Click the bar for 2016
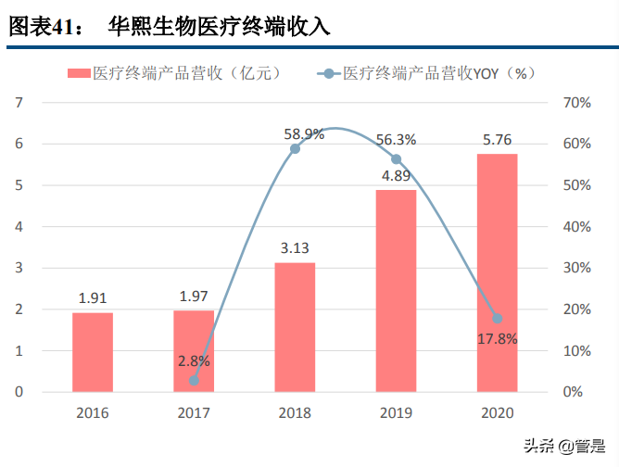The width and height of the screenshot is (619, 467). (93, 352)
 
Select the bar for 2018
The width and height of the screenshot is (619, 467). (295, 327)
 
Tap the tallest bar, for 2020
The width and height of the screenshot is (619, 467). (497, 272)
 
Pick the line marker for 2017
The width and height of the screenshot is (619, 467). (194, 380)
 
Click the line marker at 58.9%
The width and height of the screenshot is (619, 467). (295, 148)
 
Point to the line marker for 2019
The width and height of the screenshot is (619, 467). (396, 159)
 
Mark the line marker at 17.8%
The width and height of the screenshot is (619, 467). (497, 318)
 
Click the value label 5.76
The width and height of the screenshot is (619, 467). (497, 140)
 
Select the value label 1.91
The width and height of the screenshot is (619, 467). (93, 298)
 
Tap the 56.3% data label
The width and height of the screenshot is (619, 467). (396, 140)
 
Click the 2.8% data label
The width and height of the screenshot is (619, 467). (195, 360)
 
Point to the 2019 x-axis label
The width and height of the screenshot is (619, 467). (396, 412)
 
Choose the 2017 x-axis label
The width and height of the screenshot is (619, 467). (194, 412)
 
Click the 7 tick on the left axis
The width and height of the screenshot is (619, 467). (19, 102)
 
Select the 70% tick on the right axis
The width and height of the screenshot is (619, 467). (576, 102)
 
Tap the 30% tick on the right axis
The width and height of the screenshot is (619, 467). (576, 268)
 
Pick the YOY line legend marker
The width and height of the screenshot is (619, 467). (328, 72)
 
